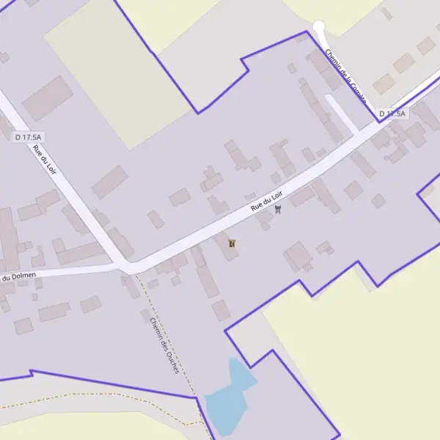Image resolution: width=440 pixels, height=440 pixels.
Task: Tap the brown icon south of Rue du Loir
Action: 232,243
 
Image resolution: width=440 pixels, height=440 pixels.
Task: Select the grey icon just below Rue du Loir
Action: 277,210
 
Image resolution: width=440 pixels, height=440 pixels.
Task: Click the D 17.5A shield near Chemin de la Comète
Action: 393,114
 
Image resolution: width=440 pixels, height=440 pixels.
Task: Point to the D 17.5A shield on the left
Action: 28,136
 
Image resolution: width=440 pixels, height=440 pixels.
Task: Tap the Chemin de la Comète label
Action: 345,76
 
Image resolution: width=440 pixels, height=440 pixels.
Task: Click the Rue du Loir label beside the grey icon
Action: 267,199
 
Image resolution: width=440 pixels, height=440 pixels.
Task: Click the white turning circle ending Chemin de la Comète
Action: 318,27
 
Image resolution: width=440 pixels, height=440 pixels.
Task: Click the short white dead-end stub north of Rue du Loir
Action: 342,114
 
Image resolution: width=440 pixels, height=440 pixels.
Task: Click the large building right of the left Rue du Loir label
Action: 110,181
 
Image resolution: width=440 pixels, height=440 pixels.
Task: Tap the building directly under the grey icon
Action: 265,219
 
